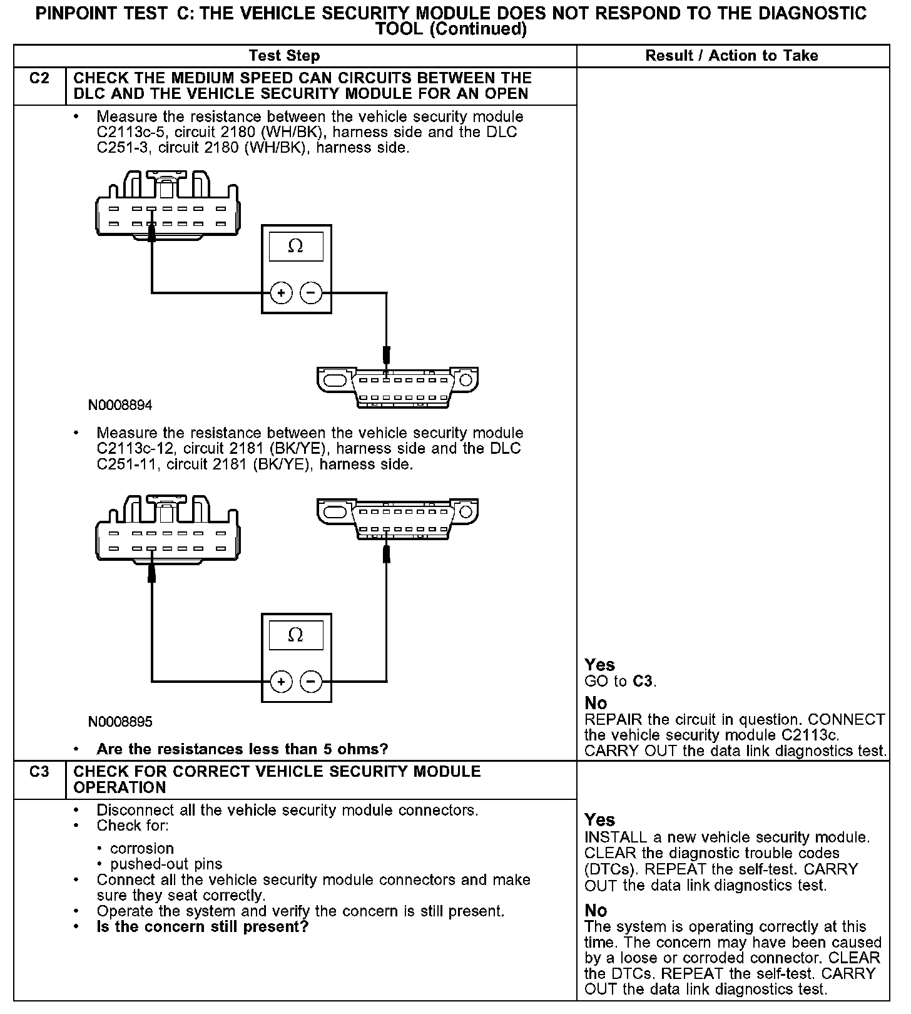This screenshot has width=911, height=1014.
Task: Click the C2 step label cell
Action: (x=39, y=79)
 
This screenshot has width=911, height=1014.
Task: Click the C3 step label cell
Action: (x=39, y=772)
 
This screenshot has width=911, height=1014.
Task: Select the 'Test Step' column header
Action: (x=284, y=56)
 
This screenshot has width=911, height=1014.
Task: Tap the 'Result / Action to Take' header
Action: (x=731, y=56)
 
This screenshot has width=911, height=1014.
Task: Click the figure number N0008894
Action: (x=120, y=405)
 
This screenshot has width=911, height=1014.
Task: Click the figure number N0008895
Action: (x=120, y=722)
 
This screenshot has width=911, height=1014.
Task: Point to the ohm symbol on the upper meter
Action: (x=295, y=246)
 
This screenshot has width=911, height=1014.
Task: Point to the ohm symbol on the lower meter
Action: (x=295, y=635)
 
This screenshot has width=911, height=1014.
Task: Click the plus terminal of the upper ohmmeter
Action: (x=282, y=292)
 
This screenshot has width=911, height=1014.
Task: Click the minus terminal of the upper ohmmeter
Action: (x=311, y=292)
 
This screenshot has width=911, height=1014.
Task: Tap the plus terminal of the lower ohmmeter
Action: (x=282, y=681)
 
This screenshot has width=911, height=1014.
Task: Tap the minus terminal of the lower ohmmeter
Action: (x=311, y=681)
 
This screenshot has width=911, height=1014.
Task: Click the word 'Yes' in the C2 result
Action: (x=599, y=665)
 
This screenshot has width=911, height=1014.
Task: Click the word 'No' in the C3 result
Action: (x=596, y=910)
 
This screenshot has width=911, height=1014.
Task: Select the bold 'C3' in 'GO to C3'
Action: (x=643, y=681)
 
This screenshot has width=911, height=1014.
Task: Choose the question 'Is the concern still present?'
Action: (x=203, y=926)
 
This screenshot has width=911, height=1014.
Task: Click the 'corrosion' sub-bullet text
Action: (x=142, y=849)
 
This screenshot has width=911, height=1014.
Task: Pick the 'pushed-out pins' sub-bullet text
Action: (x=166, y=864)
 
